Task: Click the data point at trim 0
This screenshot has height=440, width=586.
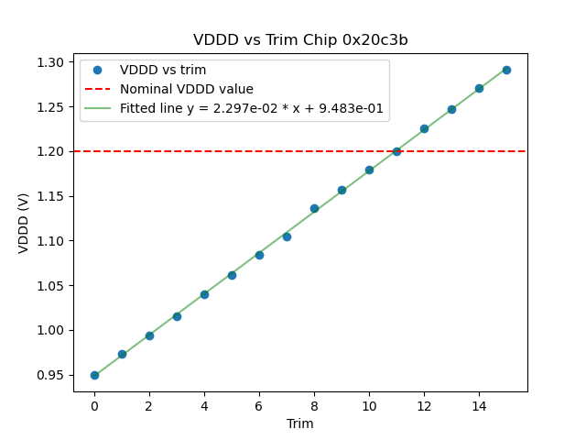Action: coord(94,375)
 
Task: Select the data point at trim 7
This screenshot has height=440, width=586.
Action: coord(287,236)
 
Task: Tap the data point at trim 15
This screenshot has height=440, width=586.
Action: coord(506,70)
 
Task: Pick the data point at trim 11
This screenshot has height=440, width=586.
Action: coord(396,151)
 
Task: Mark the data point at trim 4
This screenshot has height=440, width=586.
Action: coord(204,294)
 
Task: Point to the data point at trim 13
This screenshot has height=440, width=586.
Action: coord(451,109)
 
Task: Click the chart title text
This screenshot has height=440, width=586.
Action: coord(300,40)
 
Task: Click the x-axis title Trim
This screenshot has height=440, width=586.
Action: coord(300,423)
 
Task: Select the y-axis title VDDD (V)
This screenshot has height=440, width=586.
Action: coord(25,222)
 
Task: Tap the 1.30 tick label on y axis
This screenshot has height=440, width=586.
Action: coord(50,62)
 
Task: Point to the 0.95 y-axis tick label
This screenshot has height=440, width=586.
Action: coord(50,375)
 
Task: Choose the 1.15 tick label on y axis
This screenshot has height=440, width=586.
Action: coord(50,196)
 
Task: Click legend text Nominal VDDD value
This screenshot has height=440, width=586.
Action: coord(187,90)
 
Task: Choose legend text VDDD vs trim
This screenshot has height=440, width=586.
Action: coord(163,71)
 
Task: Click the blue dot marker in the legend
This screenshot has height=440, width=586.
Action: coord(97,71)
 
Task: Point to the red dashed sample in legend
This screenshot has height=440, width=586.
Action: coord(97,90)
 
